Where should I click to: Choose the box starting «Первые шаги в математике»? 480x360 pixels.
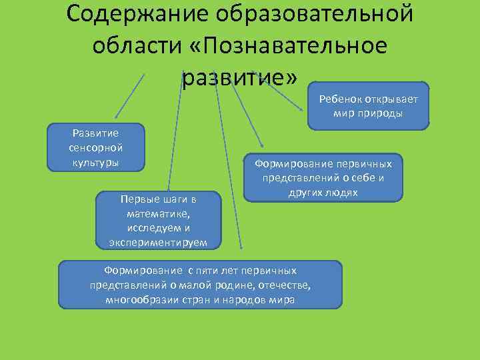click(158, 220)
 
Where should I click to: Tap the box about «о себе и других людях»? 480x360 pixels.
click(323, 177)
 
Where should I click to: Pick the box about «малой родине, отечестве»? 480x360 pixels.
click(200, 285)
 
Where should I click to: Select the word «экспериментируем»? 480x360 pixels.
click(158, 241)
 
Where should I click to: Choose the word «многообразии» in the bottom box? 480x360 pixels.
click(137, 299)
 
